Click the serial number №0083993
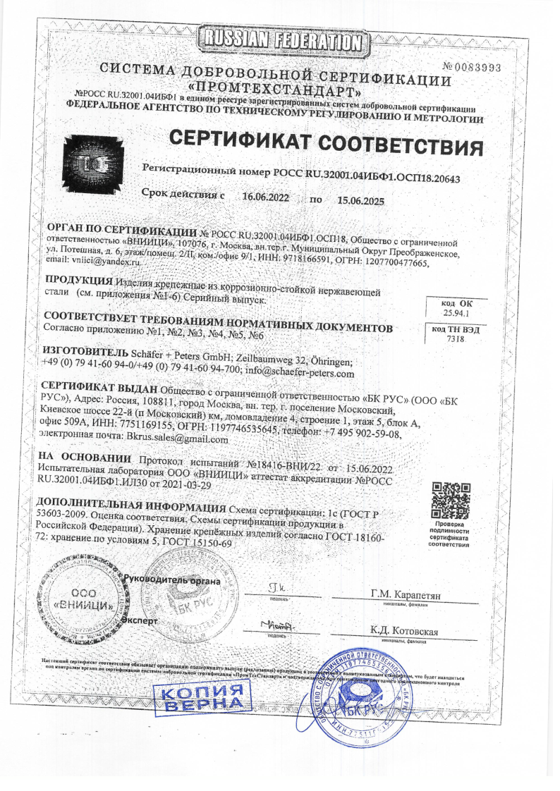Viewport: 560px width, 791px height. [471, 68]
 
